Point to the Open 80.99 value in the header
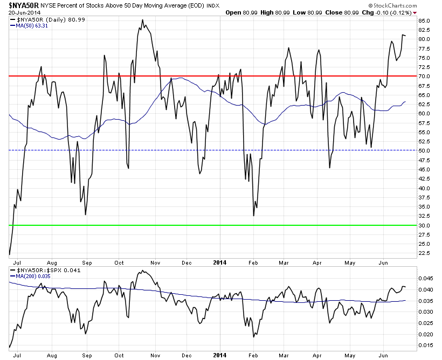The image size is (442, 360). (241, 12)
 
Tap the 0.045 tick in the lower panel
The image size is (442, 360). (426, 279)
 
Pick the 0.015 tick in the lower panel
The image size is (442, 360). (426, 345)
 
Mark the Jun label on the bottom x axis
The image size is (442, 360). (384, 355)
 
